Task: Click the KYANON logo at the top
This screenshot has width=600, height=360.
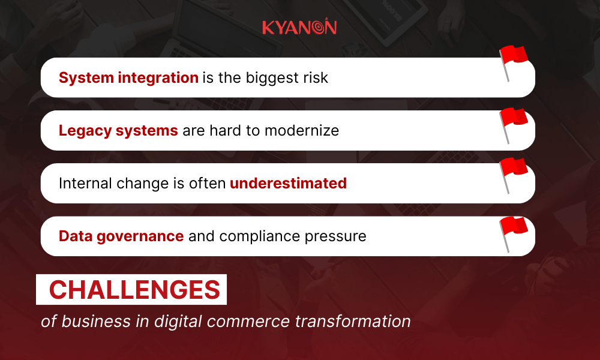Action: click(x=299, y=28)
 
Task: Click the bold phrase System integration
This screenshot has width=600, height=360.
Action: click(x=128, y=77)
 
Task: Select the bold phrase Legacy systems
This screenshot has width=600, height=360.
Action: click(x=118, y=130)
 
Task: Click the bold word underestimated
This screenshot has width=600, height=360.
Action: click(x=288, y=183)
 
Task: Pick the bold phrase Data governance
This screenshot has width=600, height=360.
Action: click(x=121, y=236)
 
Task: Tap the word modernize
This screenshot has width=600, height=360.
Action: click(x=301, y=130)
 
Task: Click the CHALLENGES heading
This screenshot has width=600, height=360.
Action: click(x=134, y=290)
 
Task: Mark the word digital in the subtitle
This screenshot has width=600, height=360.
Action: click(x=176, y=321)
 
